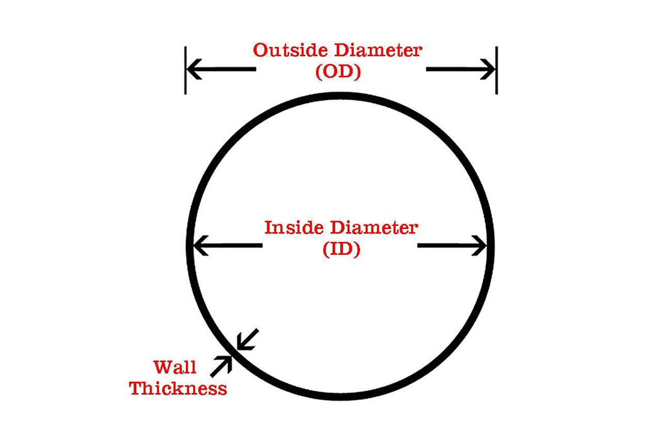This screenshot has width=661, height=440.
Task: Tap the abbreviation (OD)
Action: click(x=338, y=72)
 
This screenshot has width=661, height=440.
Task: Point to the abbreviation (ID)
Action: click(x=341, y=249)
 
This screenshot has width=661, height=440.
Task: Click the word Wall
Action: click(x=175, y=368)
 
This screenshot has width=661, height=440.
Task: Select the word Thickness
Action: click(x=178, y=388)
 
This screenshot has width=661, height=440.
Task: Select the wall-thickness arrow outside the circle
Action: click(x=221, y=365)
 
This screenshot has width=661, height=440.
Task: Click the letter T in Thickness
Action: click(x=136, y=388)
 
